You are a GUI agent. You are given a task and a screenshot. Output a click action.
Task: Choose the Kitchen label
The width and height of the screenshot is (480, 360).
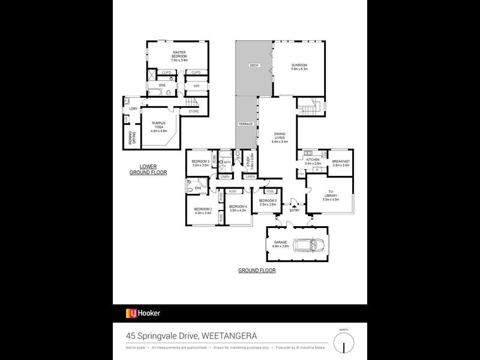pyautogui.click(x=313, y=161)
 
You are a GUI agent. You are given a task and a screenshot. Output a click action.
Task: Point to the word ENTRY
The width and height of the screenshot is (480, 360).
pyautogui.click(x=294, y=211)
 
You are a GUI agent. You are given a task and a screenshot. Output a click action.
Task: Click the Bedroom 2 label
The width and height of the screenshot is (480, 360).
pyautogui.click(x=200, y=211)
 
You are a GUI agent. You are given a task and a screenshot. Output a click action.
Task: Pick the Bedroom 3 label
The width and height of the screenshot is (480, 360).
pyautogui.click(x=200, y=163)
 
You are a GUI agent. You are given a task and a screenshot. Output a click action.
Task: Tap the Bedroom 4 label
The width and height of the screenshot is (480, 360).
pyautogui.click(x=238, y=209)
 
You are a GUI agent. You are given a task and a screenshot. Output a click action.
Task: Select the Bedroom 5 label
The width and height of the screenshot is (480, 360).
pyautogui.click(x=267, y=202)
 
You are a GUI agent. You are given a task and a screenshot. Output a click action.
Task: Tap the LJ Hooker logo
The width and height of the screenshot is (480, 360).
pyautogui.click(x=143, y=313)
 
